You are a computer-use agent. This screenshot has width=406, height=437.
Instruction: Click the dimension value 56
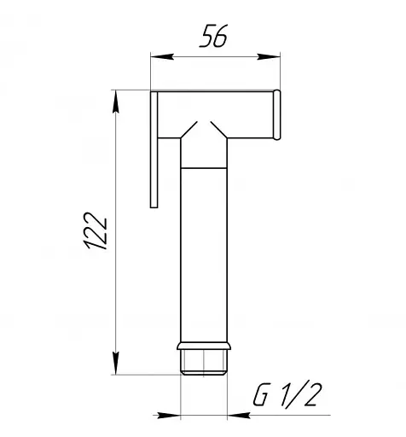(214, 36)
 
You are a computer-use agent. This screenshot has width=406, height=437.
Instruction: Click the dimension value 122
(96, 230)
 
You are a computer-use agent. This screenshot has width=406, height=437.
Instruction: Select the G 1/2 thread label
(287, 394)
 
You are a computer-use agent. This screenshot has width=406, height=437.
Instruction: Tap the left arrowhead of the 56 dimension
(162, 56)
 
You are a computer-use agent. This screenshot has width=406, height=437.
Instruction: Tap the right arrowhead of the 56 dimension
(269, 56)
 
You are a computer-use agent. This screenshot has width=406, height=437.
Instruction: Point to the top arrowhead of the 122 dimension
(115, 102)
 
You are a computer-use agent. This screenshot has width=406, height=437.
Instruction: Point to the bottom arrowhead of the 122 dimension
(115, 364)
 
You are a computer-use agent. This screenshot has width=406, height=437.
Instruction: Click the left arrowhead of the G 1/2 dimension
(169, 415)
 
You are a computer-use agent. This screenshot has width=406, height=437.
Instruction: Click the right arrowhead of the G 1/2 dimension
(239, 415)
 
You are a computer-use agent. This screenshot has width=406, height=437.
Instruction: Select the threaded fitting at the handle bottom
(204, 362)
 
